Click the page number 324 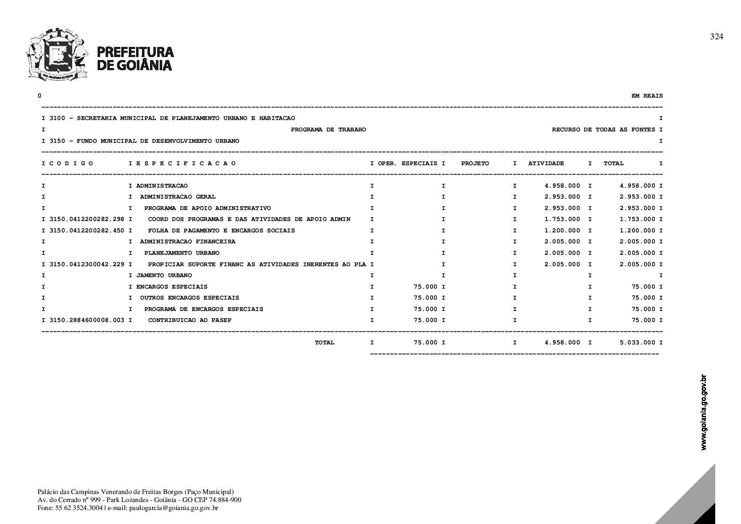pyautogui.click(x=716, y=37)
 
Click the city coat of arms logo pyautogui.click(x=57, y=54)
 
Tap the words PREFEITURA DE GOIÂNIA pyautogui.click(x=135, y=58)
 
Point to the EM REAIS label pyautogui.click(x=647, y=96)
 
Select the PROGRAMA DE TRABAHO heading pyautogui.click(x=328, y=130)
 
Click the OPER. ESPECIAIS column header pyautogui.click(x=407, y=164)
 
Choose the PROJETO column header pyautogui.click(x=475, y=164)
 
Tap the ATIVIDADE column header pyautogui.click(x=546, y=164)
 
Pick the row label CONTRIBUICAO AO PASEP pyautogui.click(x=190, y=320)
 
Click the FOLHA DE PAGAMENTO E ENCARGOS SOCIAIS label pyautogui.click(x=221, y=231)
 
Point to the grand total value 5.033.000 pyautogui.click(x=637, y=343)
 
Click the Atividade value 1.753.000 pyautogui.click(x=562, y=219)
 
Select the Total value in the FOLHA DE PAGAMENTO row pyautogui.click(x=637, y=231)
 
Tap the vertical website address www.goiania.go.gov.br pyautogui.click(x=703, y=412)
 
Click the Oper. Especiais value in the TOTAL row pyautogui.click(x=425, y=343)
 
